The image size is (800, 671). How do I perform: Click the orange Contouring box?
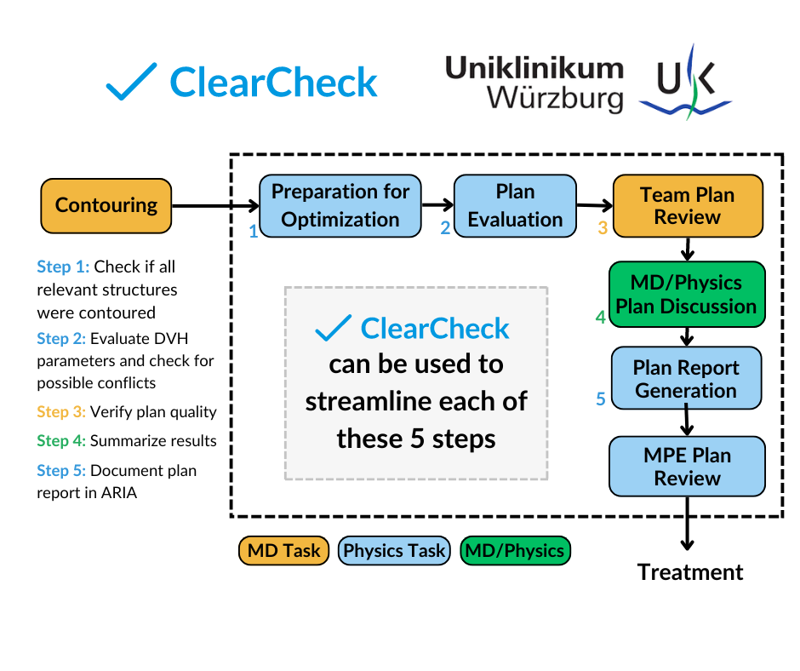click(106, 205)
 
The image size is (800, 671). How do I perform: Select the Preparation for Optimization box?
click(340, 205)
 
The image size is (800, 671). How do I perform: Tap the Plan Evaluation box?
click(515, 205)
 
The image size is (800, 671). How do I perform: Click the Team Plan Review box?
click(687, 205)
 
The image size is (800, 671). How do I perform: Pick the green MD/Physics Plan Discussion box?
click(687, 295)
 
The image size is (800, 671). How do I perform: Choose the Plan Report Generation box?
click(686, 380)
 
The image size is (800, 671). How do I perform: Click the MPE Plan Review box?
click(687, 467)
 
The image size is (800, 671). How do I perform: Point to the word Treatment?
click(690, 572)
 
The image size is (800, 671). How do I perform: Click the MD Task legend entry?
click(283, 551)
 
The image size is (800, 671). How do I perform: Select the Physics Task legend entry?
click(394, 551)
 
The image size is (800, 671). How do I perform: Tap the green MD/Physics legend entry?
click(514, 551)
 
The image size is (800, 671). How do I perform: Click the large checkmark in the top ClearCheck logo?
click(132, 82)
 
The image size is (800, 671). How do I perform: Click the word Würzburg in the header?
click(555, 99)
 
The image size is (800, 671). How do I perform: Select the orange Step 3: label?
click(61, 412)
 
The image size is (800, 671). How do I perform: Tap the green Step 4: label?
click(61, 441)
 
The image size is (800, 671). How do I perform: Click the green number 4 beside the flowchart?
click(601, 318)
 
